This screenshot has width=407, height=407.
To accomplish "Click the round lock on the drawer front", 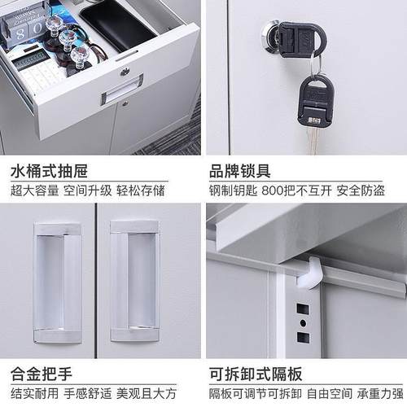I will pos(124,72).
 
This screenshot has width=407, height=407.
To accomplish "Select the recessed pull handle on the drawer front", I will pos(121,89).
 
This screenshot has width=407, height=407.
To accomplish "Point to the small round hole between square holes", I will pos(302,323).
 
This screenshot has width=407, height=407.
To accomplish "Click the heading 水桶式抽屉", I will pos(49,171).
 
